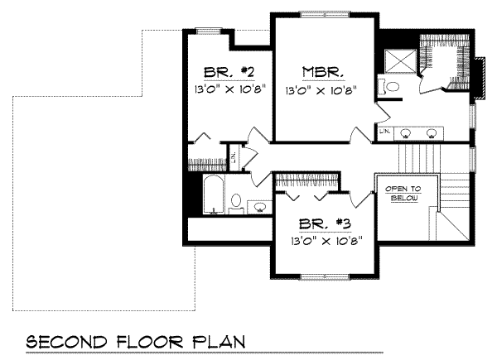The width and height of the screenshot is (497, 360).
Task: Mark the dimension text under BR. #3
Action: (x=321, y=241)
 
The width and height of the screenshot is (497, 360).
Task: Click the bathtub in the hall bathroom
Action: (x=212, y=195)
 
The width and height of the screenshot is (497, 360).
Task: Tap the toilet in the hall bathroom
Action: (x=235, y=202)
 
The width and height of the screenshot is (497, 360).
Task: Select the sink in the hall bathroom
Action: (x=259, y=206)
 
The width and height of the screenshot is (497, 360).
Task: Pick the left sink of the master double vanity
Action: (x=407, y=132)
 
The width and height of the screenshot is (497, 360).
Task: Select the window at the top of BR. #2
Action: (x=208, y=30)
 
